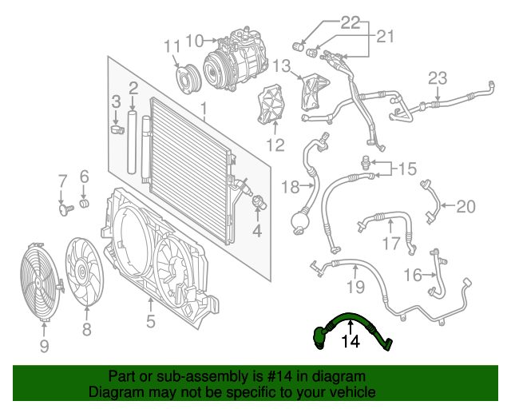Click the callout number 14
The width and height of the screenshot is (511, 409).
point(351,343)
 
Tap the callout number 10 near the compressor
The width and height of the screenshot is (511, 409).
point(194,39)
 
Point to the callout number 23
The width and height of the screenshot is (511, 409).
point(438,78)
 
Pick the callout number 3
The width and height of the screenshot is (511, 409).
point(116,101)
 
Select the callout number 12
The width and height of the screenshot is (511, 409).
point(275,145)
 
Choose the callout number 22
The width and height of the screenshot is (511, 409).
point(351,22)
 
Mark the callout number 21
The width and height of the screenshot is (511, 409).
point(386,36)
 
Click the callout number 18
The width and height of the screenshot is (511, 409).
point(288,188)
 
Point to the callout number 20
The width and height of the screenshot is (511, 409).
point(465,206)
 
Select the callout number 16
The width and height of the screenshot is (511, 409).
point(412,276)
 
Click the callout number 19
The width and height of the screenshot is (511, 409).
point(355,286)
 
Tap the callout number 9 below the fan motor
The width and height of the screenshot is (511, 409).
point(44,346)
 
